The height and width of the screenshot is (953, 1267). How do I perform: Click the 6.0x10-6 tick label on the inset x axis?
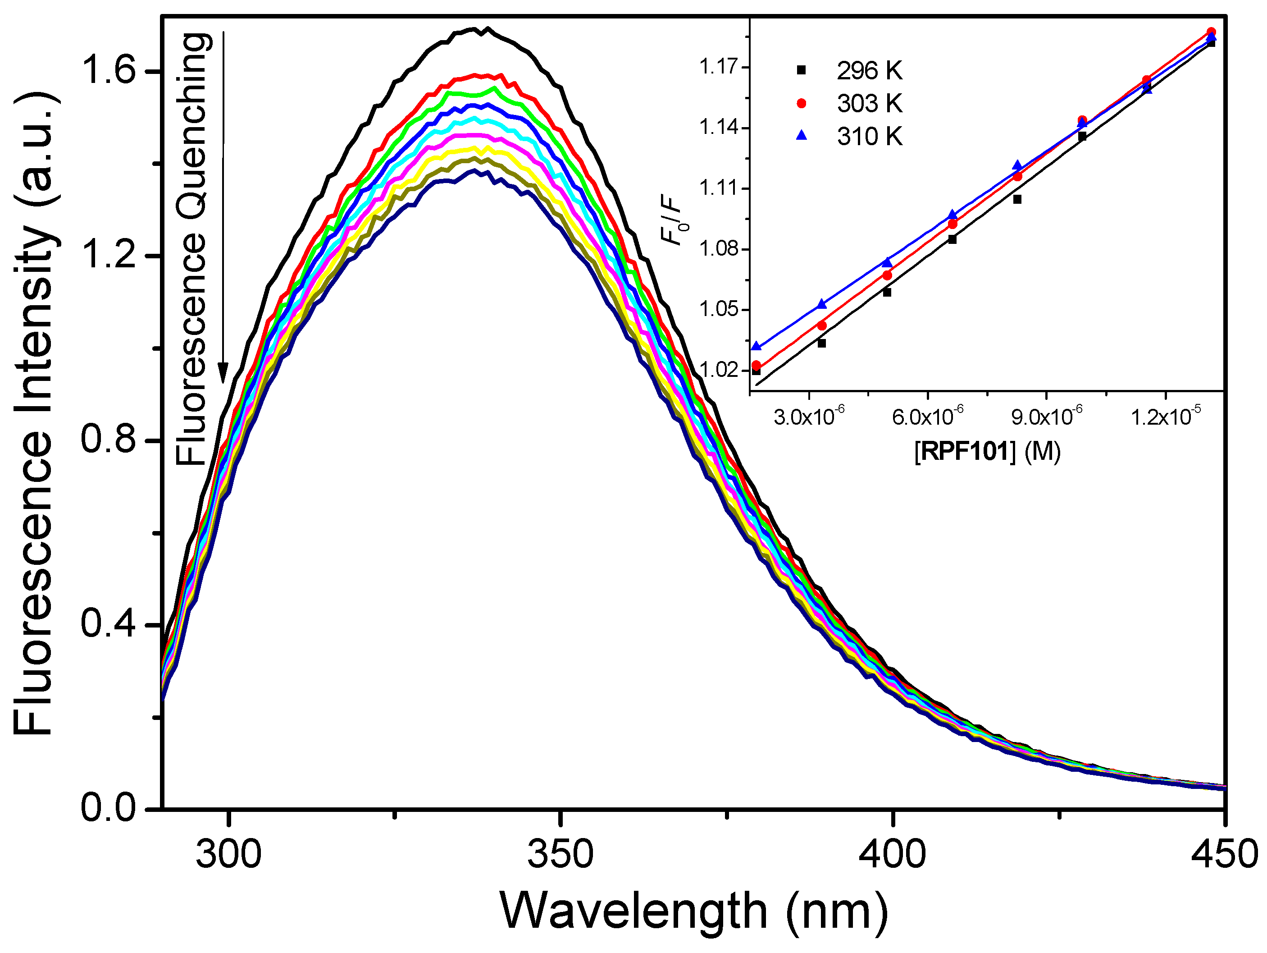coord(927,417)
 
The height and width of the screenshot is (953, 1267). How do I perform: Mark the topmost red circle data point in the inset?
coord(1211,32)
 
